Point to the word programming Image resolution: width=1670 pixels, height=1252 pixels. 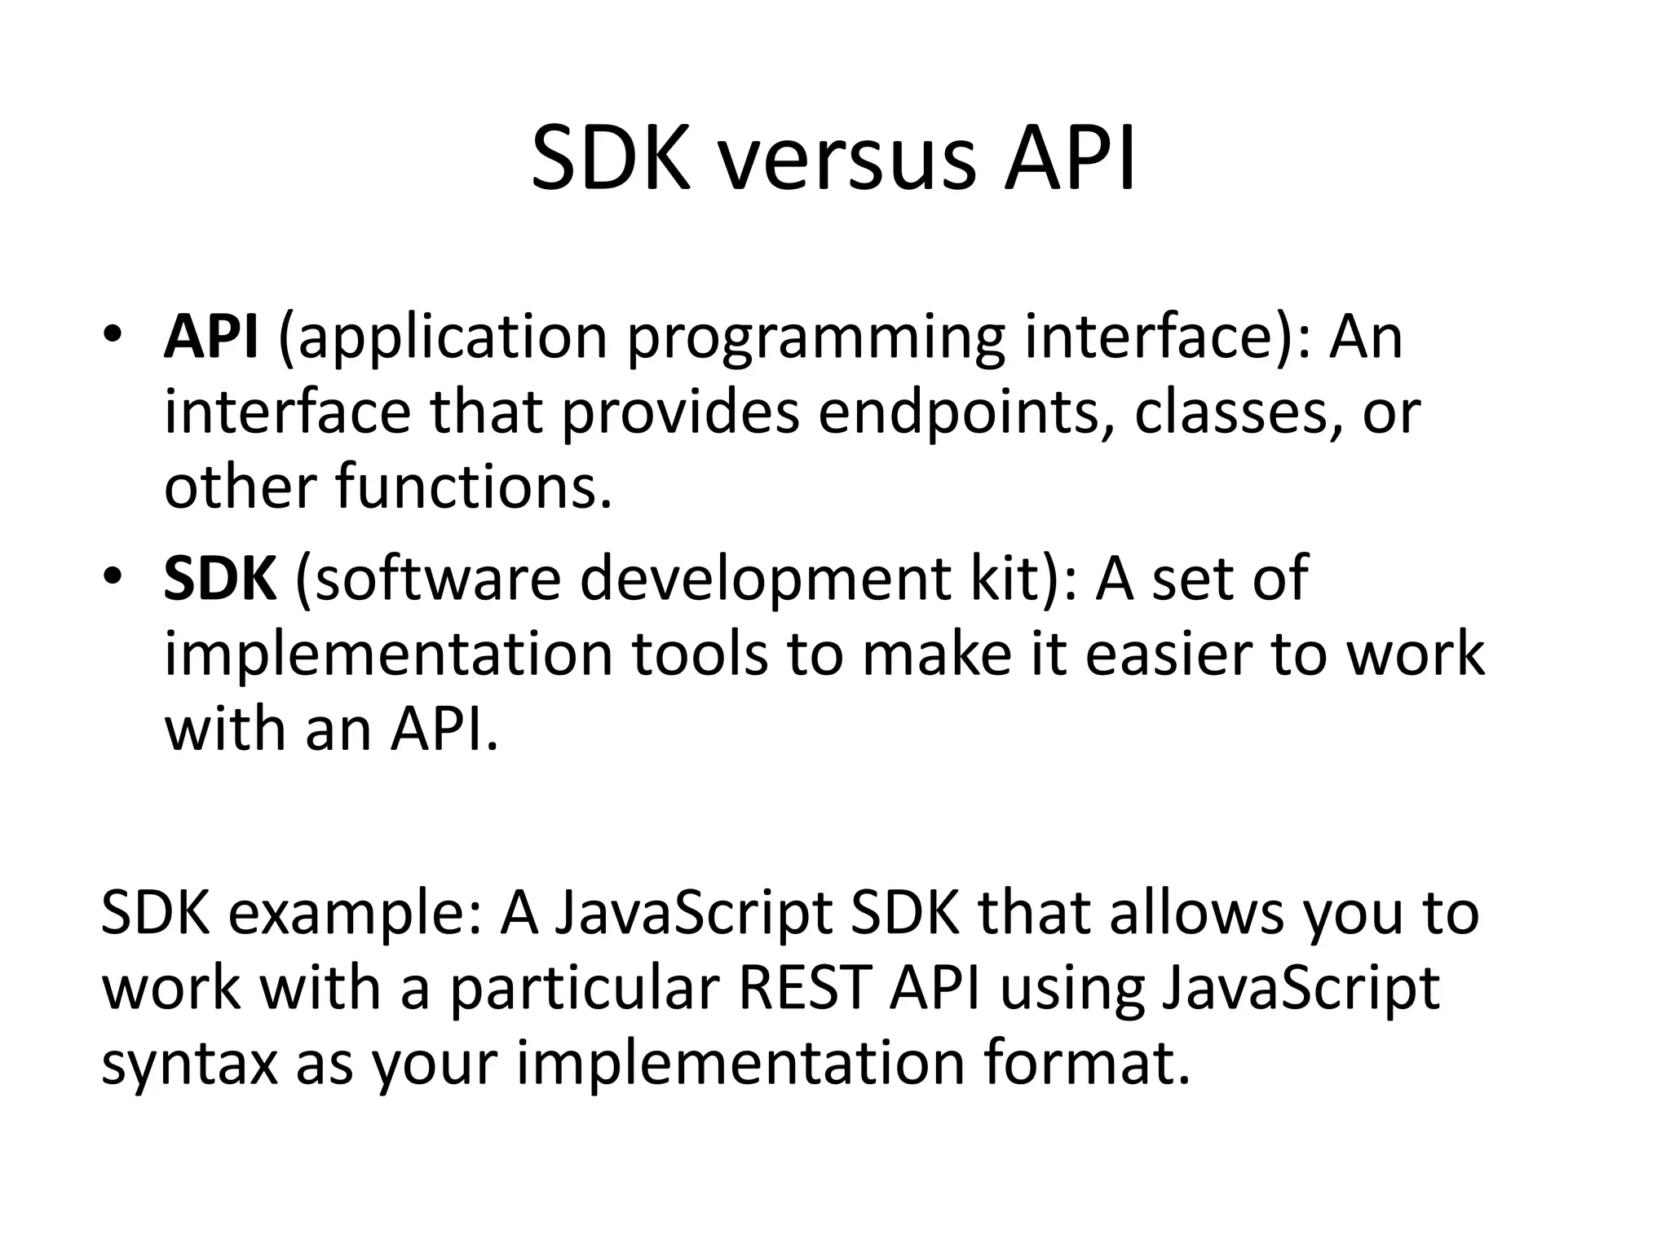[x=815, y=338]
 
